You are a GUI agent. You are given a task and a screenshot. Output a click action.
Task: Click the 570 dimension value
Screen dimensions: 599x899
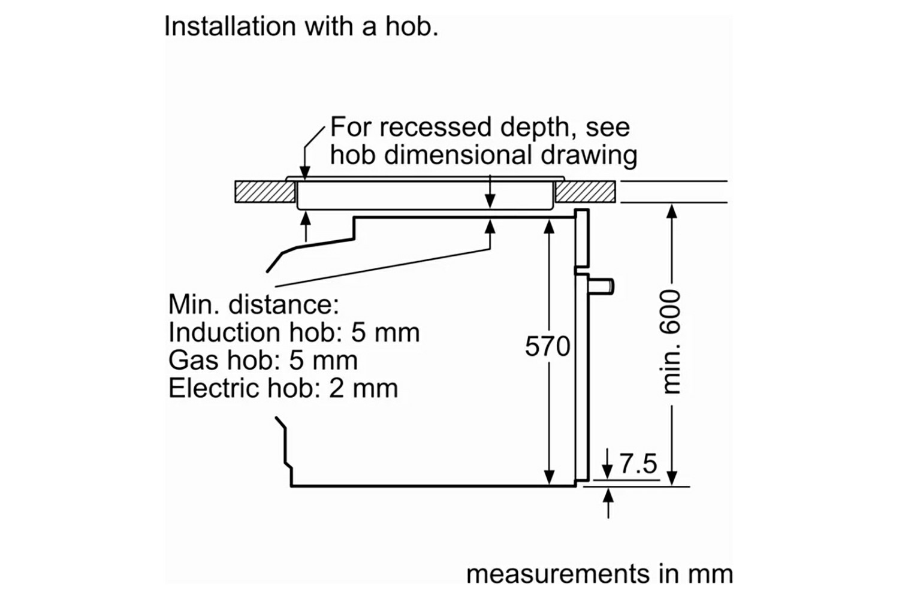click(547, 347)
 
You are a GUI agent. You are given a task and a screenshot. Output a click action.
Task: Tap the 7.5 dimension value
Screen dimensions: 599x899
click(638, 464)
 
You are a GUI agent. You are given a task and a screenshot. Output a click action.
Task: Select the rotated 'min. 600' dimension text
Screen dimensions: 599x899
click(672, 342)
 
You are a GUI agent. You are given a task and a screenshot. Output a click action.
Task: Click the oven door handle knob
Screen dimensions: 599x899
click(602, 286)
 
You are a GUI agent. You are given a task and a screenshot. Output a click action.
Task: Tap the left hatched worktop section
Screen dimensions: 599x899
click(265, 192)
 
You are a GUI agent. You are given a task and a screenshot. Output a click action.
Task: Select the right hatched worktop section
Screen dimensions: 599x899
click(585, 192)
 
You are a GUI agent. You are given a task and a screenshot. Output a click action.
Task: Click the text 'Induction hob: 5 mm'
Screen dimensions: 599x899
click(294, 332)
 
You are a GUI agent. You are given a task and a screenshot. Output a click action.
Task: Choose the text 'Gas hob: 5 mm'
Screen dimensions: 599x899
click(263, 361)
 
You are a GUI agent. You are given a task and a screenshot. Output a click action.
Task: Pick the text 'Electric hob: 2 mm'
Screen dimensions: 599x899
click(283, 389)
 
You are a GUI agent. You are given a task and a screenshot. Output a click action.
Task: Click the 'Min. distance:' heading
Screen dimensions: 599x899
click(254, 304)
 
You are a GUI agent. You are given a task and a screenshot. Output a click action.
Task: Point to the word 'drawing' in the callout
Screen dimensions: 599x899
click(589, 155)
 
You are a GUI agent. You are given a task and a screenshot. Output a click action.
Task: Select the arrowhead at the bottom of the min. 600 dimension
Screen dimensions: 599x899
click(672, 477)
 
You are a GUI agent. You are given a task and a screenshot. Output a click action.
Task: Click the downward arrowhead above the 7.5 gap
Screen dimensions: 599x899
click(608, 473)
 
